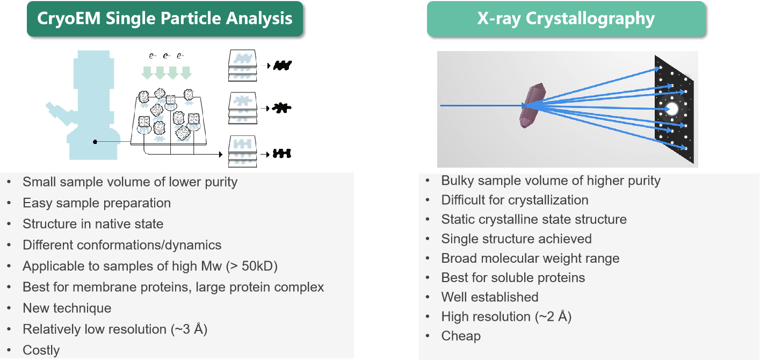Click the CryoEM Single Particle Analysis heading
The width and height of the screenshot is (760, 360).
[164, 18]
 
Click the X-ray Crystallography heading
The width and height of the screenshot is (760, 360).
[566, 18]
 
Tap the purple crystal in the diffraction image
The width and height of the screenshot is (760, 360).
[532, 105]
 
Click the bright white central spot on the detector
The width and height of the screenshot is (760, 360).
[672, 109]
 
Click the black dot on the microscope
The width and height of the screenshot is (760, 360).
[95, 142]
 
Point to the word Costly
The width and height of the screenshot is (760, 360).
[41, 350]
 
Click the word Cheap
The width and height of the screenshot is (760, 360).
[461, 336]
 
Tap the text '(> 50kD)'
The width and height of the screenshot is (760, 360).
[252, 266]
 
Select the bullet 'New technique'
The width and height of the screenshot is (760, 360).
[67, 308]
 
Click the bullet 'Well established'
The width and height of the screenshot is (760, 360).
[490, 297]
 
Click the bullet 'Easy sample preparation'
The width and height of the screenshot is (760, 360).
[97, 203]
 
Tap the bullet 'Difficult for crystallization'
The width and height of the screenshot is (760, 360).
[515, 200]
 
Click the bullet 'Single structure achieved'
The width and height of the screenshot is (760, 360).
[516, 239]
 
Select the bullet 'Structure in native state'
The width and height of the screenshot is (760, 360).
[93, 224]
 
